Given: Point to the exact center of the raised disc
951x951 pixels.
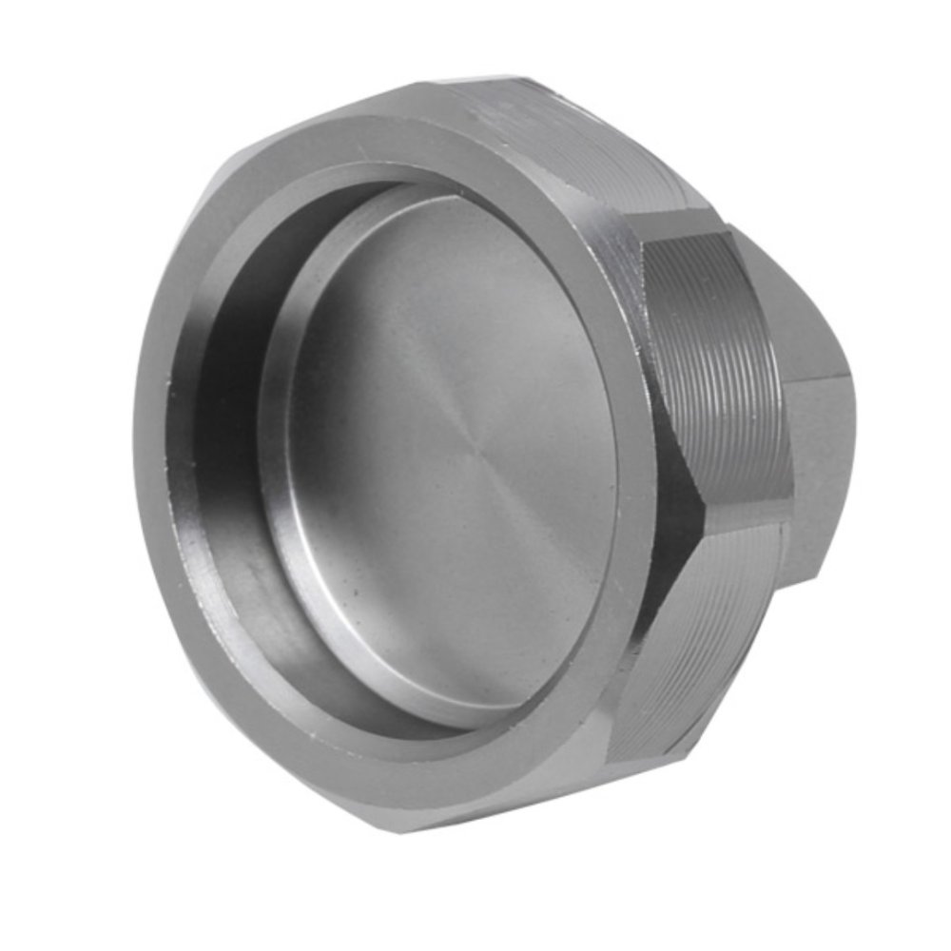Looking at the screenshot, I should [x=447, y=456].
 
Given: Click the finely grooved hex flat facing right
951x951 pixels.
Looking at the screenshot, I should [x=728, y=371].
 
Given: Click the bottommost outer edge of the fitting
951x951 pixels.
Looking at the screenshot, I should [x=409, y=833].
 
